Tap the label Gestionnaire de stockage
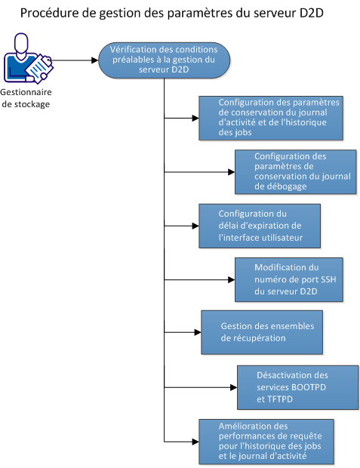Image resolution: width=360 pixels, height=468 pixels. click(29, 98)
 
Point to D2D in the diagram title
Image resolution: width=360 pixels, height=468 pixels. click(311, 14)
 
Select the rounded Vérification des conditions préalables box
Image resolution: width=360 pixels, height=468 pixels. click(164, 60)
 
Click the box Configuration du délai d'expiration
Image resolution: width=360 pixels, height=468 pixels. click(259, 225)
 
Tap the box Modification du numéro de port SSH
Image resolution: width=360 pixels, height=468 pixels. click(288, 279)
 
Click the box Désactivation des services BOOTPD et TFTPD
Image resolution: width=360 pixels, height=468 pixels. click(295, 386)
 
